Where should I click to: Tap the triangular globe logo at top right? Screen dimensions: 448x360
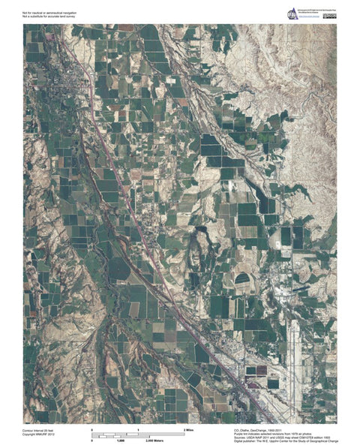293,13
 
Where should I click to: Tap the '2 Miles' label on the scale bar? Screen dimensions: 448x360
190,428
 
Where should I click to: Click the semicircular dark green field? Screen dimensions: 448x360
242,279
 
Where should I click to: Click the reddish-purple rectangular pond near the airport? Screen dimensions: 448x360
250,370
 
